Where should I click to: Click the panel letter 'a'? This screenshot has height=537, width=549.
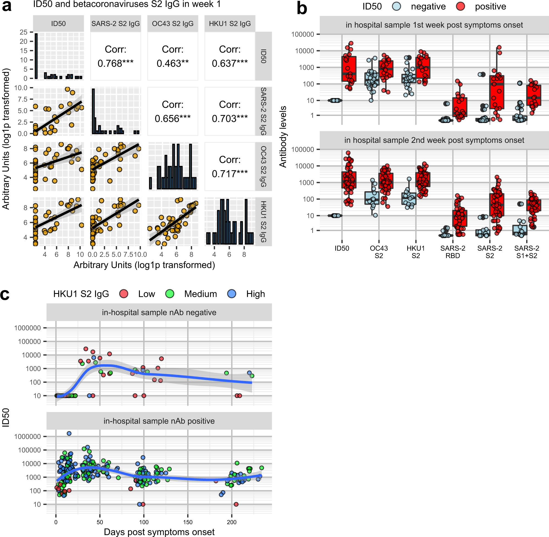point(7,6)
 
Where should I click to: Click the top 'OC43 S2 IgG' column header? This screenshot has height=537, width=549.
point(173,23)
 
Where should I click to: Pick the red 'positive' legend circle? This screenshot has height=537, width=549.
point(461,7)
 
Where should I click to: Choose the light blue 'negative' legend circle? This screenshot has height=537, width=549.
point(397,7)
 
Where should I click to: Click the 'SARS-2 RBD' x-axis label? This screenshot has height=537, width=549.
point(453,252)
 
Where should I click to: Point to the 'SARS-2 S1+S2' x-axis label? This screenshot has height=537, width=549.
point(526,252)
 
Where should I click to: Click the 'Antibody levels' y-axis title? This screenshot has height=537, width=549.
point(283,137)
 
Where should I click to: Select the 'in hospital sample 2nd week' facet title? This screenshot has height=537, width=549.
point(434,140)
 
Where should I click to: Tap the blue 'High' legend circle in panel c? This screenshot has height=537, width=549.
point(232,294)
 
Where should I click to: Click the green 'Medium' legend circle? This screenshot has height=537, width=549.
point(170,294)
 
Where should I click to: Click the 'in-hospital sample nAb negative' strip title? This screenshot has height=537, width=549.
point(159,313)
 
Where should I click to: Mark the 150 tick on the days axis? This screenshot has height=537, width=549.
point(188,522)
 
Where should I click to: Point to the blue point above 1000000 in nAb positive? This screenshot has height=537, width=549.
point(69,433)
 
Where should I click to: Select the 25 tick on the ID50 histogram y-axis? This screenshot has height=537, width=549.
point(23,32)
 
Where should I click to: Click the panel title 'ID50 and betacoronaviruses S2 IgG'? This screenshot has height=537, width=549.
point(127,4)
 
